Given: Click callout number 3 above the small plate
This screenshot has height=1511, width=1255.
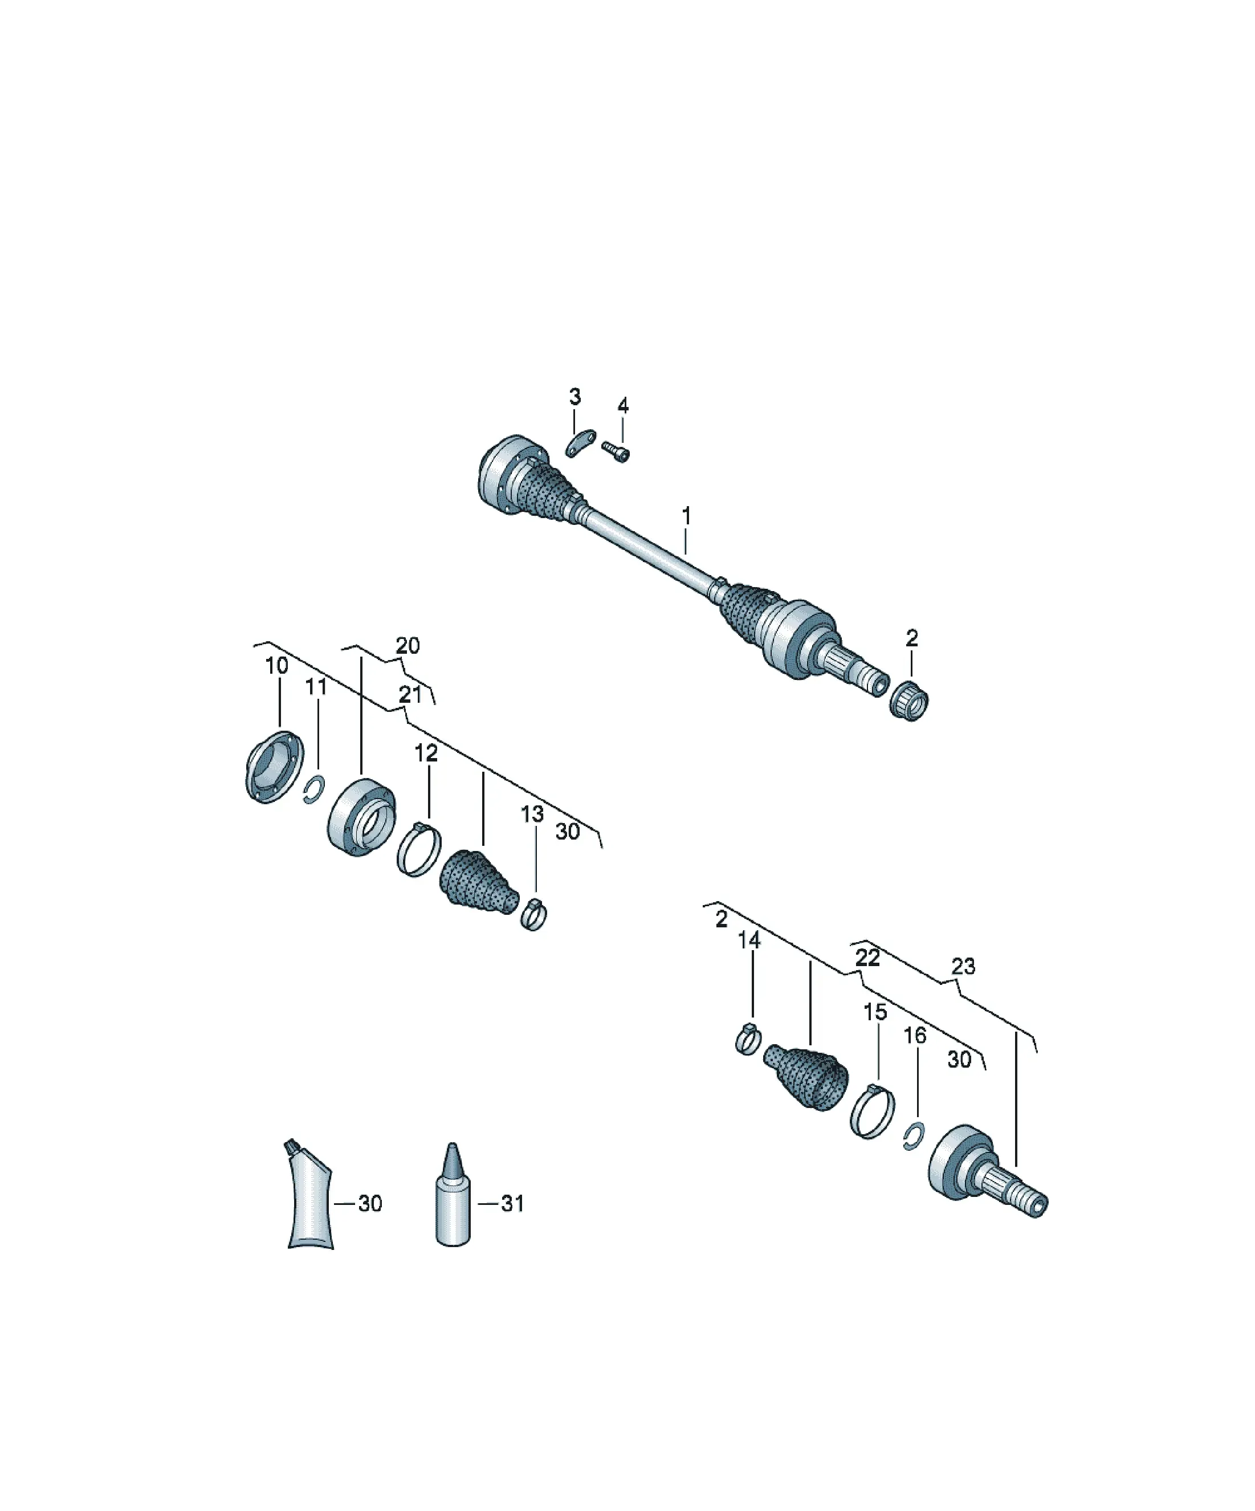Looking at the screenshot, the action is point(574,397).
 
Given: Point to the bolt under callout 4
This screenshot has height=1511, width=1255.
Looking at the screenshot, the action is point(616,451).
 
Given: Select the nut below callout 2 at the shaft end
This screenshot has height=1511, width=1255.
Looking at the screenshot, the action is point(909,700).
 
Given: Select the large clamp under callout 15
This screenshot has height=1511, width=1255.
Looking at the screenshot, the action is point(873,1111).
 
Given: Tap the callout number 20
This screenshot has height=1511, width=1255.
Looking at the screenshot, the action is point(408,645).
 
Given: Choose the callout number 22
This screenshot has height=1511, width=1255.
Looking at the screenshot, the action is point(868,958).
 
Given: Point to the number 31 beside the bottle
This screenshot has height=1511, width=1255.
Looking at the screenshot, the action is point(512,1203).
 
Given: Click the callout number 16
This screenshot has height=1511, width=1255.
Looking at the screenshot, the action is point(915,1036).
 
